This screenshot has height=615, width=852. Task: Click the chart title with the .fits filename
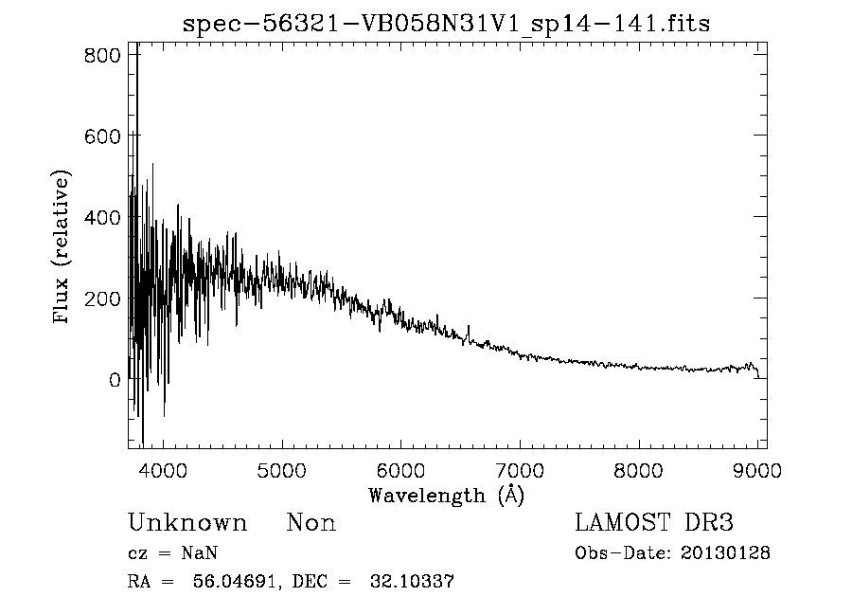click(x=446, y=24)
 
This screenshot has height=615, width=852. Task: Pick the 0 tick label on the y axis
click(x=115, y=380)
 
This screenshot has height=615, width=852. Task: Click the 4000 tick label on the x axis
click(x=164, y=469)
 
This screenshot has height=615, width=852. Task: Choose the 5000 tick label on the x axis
click(x=283, y=469)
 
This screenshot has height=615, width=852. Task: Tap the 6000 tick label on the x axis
click(x=401, y=469)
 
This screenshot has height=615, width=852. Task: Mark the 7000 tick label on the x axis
click(x=520, y=469)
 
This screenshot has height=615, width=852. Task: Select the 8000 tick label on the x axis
click(x=639, y=469)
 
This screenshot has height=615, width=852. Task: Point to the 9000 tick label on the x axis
click(x=756, y=469)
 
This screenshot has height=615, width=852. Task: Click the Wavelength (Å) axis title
click(x=446, y=495)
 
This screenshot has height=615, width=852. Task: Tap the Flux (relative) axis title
click(x=63, y=248)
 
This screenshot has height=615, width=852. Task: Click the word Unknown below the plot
click(x=187, y=523)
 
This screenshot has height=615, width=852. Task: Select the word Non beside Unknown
click(x=311, y=523)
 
